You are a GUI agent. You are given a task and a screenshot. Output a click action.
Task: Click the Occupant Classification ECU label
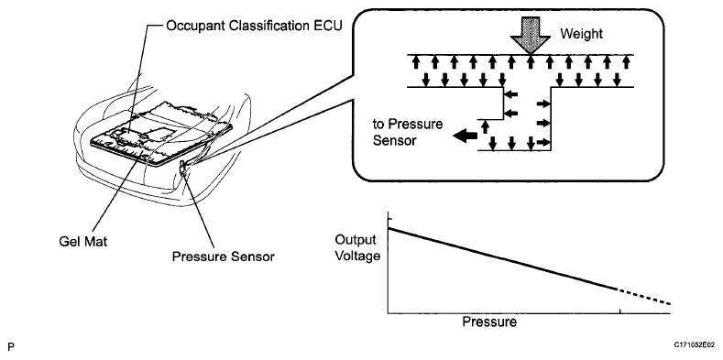click(254, 26)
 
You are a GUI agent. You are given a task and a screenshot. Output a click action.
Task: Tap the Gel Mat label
click(83, 241)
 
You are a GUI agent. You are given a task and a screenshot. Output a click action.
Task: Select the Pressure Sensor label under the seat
click(224, 256)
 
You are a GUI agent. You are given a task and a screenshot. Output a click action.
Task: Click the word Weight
click(582, 34)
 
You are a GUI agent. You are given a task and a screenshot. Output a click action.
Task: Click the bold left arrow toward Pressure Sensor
click(465, 136)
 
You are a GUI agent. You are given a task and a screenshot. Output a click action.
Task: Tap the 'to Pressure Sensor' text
click(408, 132)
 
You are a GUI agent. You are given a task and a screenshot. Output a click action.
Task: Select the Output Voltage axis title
click(357, 247)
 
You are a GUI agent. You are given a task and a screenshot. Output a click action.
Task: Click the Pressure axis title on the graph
click(489, 322)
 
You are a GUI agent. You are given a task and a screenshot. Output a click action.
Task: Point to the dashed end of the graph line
click(643, 297)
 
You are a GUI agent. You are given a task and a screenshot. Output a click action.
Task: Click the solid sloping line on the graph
click(502, 258)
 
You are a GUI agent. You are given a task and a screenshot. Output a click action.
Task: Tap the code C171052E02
click(695, 344)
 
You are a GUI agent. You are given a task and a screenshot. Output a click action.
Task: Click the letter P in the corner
click(11, 346)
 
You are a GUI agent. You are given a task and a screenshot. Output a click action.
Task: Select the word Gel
click(69, 241)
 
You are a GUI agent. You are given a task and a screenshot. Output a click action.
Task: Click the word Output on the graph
click(356, 240)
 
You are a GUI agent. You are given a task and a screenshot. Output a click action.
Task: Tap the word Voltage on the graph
click(357, 255)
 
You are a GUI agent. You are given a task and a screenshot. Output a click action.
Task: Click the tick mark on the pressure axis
click(620, 311)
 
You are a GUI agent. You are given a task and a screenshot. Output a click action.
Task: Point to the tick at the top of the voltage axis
click(389, 218)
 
